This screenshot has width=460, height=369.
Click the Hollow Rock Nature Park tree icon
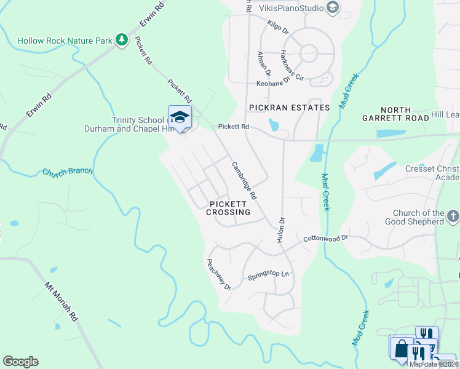click(x=122, y=41)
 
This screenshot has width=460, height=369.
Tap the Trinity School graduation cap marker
click(x=180, y=117)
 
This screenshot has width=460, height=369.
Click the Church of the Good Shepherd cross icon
click(x=453, y=216)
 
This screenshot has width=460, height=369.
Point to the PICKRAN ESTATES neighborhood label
click(x=289, y=108)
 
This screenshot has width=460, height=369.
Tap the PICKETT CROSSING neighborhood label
click(x=228, y=208)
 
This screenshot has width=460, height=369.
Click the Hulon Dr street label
click(x=282, y=228)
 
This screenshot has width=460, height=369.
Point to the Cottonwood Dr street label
click(x=326, y=237)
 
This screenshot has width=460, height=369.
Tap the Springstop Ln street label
click(x=268, y=276)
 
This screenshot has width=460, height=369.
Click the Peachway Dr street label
click(x=218, y=274)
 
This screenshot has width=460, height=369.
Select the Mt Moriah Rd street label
click(x=61, y=301)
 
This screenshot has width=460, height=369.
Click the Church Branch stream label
click(x=67, y=172)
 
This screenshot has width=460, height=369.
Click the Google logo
click(x=20, y=362)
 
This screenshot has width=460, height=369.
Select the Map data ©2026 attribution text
click(x=432, y=364)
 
